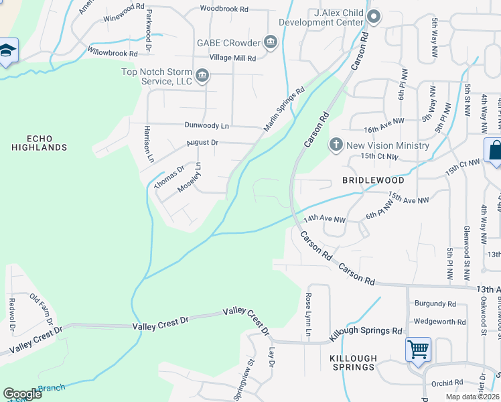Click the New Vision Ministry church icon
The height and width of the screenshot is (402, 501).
(x=336, y=145)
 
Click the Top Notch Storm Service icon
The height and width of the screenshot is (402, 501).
(x=202, y=76)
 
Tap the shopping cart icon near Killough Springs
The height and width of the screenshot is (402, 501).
(x=418, y=349)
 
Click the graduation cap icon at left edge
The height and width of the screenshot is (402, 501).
(x=7, y=51)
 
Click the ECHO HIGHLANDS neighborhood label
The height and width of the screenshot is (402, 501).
(x=38, y=143)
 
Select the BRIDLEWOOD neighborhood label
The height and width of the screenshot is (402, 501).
(x=373, y=181)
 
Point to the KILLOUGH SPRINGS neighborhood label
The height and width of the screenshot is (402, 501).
(x=353, y=362)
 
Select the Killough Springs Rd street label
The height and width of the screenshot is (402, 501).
(x=366, y=332)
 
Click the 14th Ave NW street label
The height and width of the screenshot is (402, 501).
(x=324, y=219)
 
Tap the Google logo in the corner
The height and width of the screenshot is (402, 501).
(x=22, y=394)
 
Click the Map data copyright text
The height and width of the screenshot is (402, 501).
(x=472, y=397)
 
